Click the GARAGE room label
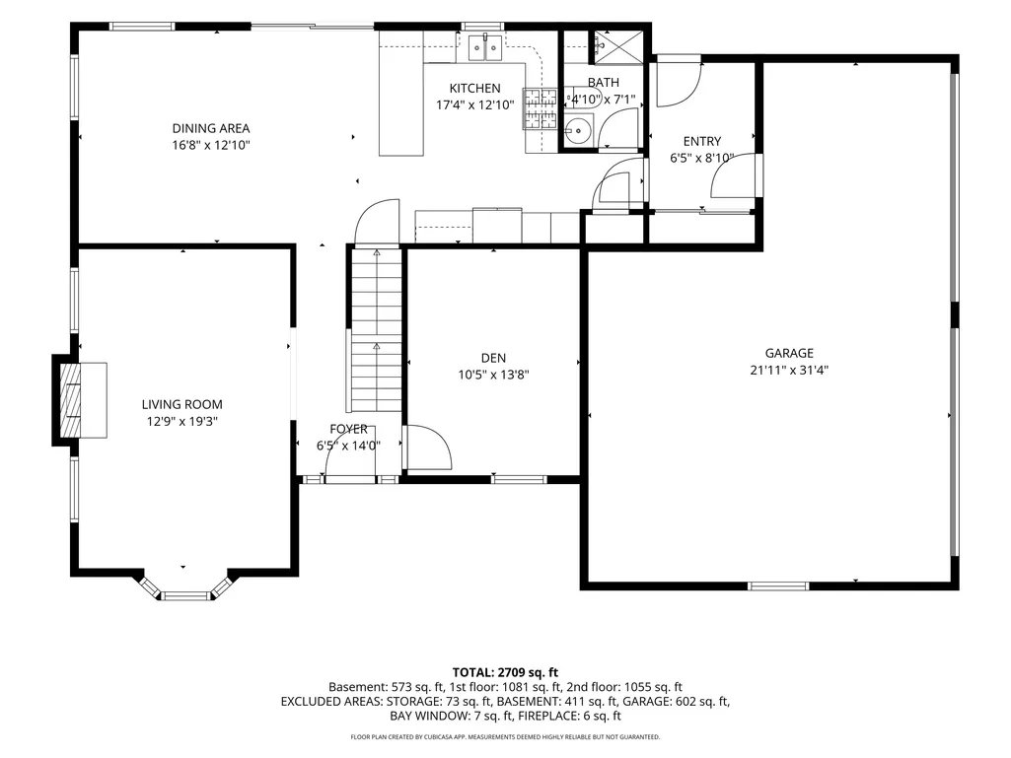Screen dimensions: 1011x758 pos(789,353)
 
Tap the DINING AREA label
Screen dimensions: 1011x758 pos(211,128)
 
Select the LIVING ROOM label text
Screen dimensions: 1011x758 pos(181,405)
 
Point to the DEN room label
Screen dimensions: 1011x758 pos(493,359)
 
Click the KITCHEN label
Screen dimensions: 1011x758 pos(475,89)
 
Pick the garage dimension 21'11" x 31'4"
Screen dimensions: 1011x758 pos(789,370)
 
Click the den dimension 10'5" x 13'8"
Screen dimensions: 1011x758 pos(493,375)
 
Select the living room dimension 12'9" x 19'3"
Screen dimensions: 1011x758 pos(181,422)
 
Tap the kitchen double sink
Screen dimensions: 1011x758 pos(485,47)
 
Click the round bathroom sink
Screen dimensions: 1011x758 pos(578,131)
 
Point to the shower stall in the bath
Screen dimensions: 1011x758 pos(617,46)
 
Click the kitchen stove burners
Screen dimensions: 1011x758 pos(541,108)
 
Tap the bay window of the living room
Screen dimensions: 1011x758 pos(185,587)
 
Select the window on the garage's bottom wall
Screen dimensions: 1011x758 pos(778,586)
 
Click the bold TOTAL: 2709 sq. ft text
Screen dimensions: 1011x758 pos(505,673)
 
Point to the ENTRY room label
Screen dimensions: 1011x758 pos(702,141)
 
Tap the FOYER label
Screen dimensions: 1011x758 pos(348,430)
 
